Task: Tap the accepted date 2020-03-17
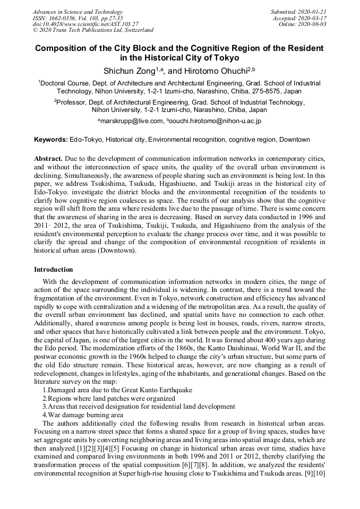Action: [x=314, y=18]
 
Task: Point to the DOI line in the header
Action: [x=85, y=24]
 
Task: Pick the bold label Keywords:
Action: [x=50, y=140]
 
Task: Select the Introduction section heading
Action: [x=54, y=270]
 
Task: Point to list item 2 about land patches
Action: [x=109, y=398]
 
